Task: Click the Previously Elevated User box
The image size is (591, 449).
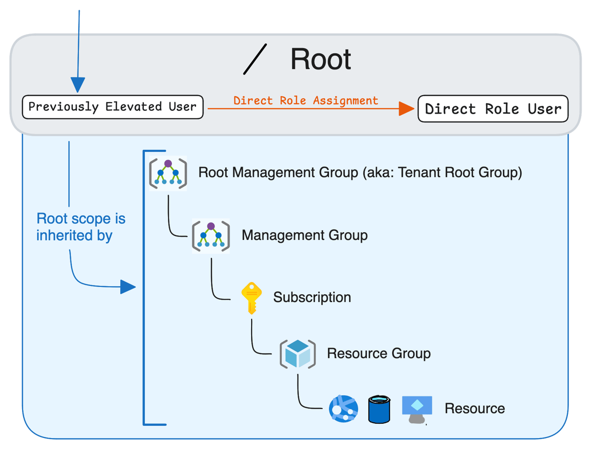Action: click(112, 107)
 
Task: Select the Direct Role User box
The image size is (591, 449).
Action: click(492, 109)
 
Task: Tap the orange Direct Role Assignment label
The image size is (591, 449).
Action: click(305, 101)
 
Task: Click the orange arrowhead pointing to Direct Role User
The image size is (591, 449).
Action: click(406, 108)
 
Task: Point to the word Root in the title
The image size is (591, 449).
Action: click(321, 60)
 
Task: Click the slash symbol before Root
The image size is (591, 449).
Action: click(255, 60)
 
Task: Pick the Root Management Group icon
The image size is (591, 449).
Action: click(168, 173)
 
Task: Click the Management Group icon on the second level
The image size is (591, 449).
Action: click(211, 235)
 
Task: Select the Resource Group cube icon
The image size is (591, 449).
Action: click(297, 353)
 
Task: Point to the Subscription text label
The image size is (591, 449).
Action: click(312, 298)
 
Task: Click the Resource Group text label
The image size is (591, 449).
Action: click(378, 353)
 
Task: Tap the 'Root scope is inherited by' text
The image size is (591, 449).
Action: click(81, 227)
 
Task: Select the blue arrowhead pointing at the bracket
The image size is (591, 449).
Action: click(128, 287)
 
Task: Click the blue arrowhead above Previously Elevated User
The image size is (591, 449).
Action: click(78, 84)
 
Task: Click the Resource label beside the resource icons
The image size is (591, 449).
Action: click(474, 409)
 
